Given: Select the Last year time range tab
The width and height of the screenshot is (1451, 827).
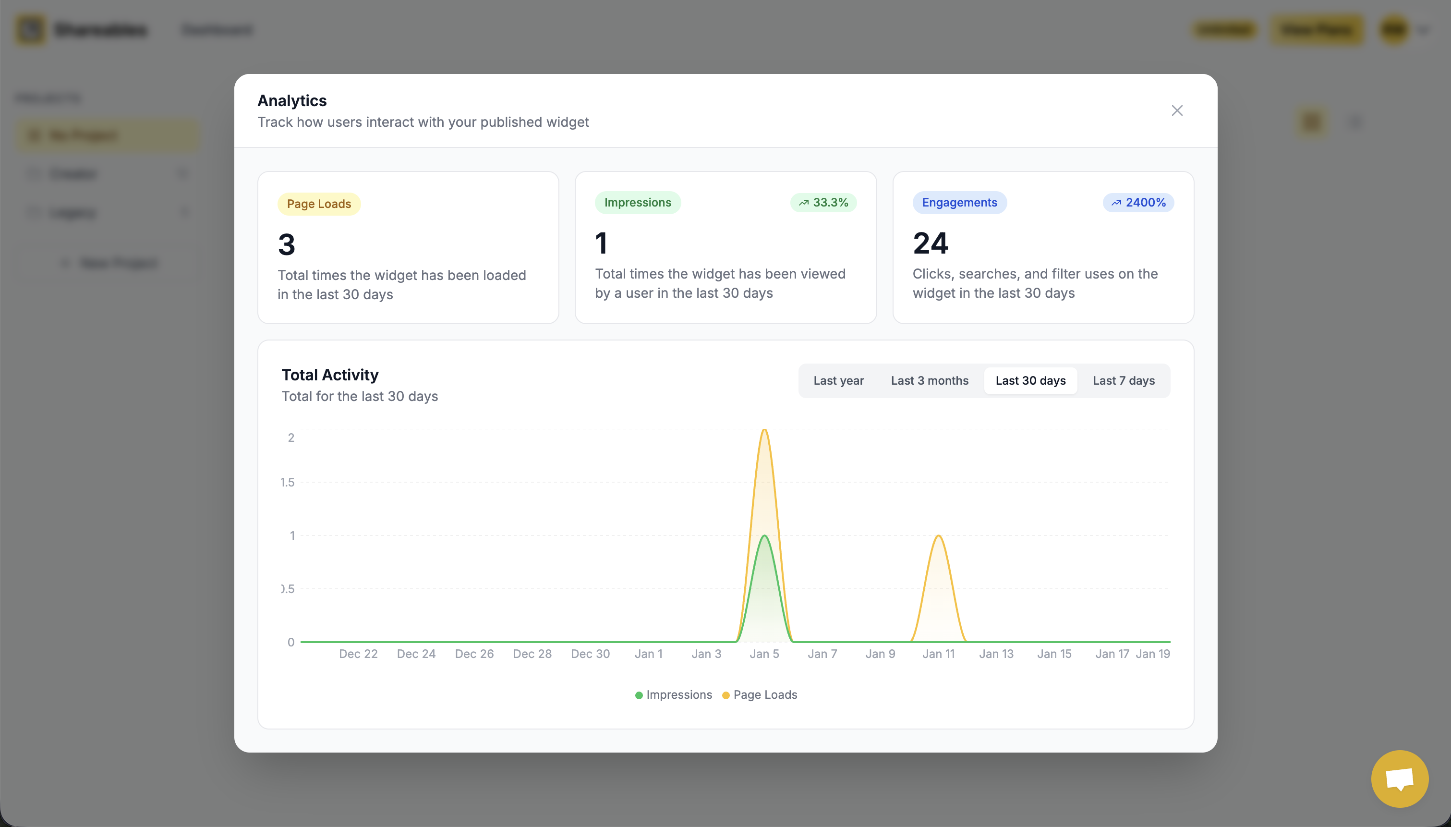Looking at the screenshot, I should [838, 380].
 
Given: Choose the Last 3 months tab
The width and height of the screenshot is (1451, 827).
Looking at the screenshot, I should [929, 380].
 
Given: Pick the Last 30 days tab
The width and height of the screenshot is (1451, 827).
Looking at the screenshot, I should [1030, 380].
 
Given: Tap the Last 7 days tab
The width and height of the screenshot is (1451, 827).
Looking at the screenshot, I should [1124, 380].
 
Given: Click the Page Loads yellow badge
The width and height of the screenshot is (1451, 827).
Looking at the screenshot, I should [318, 204].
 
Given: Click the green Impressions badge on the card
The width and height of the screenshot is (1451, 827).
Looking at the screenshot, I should [637, 203].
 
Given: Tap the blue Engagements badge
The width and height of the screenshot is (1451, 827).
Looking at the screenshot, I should [959, 203].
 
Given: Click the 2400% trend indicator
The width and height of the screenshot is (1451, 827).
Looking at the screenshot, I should [1138, 203].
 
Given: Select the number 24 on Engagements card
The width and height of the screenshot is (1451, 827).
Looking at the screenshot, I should [931, 243].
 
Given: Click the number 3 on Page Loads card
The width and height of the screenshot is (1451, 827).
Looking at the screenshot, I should [287, 245].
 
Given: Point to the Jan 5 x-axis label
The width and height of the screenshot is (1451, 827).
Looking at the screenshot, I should [764, 654].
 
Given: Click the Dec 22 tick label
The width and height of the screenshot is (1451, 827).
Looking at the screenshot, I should [358, 654].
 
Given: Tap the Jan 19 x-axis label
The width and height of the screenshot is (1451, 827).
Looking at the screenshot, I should [1152, 654].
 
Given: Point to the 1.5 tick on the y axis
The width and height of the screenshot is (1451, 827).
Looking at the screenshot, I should [287, 482].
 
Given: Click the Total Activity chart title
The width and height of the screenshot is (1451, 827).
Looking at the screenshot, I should [330, 375].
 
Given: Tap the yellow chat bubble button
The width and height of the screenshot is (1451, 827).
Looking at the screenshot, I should [1399, 778].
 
